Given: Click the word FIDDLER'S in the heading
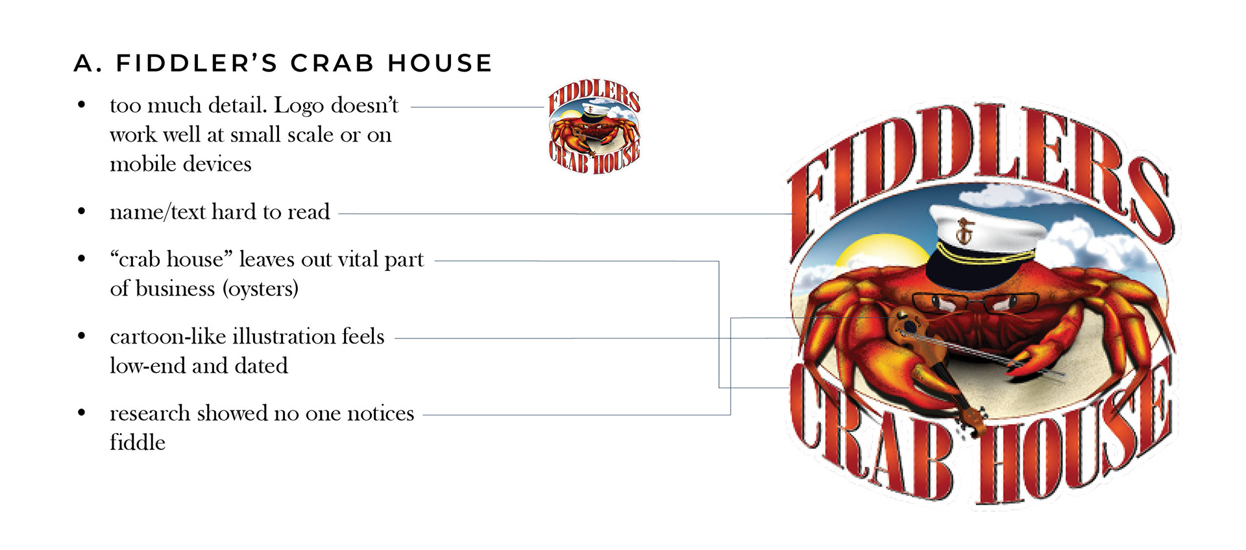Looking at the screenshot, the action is click(x=197, y=64).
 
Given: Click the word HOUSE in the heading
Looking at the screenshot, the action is click(x=440, y=64).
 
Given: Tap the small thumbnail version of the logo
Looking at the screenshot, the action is click(x=594, y=128).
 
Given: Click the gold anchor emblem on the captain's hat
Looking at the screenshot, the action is click(x=965, y=231).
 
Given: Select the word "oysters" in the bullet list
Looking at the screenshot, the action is click(x=260, y=288).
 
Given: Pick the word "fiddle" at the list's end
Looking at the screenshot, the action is click(x=138, y=443).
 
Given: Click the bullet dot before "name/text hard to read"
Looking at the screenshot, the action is click(x=81, y=212).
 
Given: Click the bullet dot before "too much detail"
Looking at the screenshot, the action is click(x=81, y=105).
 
